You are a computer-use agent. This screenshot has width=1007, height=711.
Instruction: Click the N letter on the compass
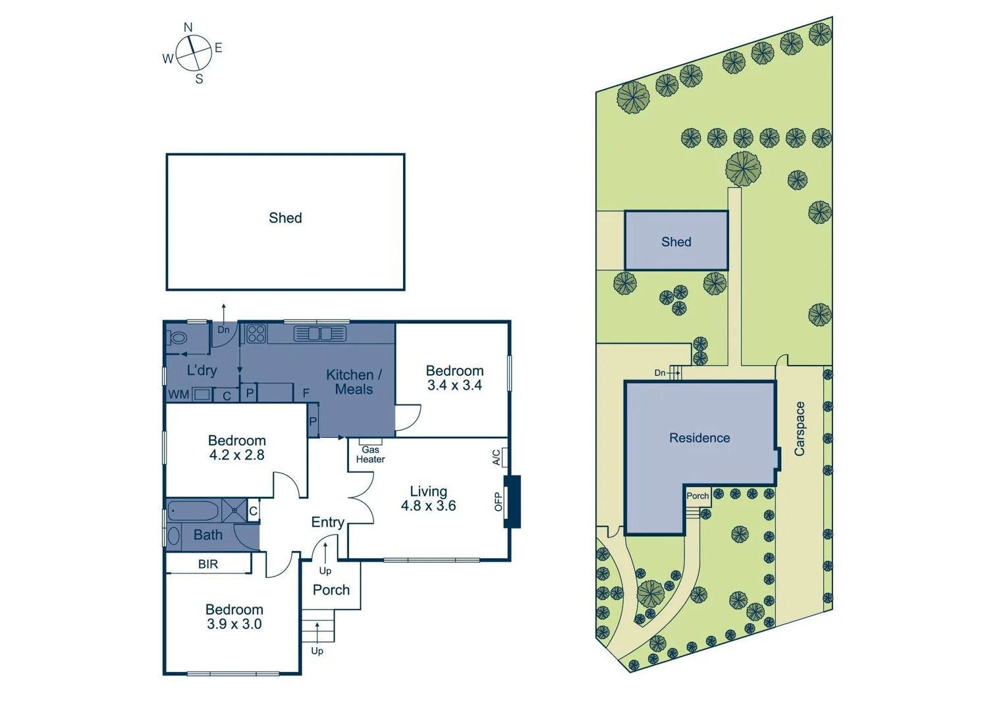(188, 28)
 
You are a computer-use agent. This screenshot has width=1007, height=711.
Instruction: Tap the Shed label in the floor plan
(285, 218)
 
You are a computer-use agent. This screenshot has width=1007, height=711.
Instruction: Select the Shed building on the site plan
(676, 241)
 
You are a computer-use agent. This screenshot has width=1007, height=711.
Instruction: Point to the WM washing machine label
(178, 395)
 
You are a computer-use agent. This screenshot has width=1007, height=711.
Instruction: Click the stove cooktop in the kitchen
(256, 334)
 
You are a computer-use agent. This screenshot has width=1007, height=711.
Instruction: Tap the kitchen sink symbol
(320, 334)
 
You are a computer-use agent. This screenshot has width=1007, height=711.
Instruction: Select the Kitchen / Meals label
(354, 382)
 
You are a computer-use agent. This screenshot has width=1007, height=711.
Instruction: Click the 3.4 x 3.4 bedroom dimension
(454, 386)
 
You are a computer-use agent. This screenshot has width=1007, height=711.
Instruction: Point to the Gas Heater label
(370, 455)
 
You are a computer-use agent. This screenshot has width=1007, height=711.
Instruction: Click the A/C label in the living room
(497, 458)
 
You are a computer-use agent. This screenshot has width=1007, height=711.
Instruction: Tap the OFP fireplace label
(499, 502)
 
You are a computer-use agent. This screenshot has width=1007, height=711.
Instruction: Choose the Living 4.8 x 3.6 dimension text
(428, 506)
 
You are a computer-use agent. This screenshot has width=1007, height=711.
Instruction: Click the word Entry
(327, 522)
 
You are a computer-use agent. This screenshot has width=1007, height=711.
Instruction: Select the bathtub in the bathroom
(193, 511)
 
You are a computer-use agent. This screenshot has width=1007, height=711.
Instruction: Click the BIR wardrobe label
(208, 564)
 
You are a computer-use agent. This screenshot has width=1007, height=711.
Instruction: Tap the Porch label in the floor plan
(331, 590)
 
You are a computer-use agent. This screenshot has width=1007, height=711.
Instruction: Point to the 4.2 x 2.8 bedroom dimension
(236, 455)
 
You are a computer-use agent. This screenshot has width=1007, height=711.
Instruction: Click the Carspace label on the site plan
(800, 429)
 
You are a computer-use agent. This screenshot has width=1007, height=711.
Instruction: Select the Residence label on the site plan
(699, 438)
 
